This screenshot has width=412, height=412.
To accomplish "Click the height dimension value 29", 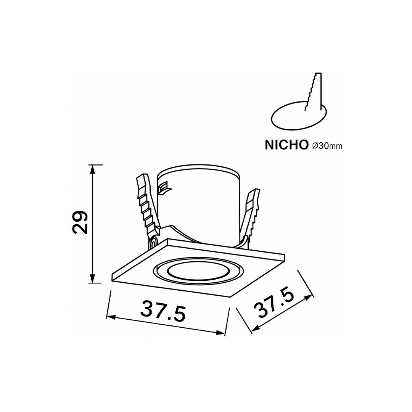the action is click(x=80, y=222).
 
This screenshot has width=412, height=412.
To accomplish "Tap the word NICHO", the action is click(x=286, y=145).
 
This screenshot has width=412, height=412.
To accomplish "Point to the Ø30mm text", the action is click(x=327, y=146).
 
